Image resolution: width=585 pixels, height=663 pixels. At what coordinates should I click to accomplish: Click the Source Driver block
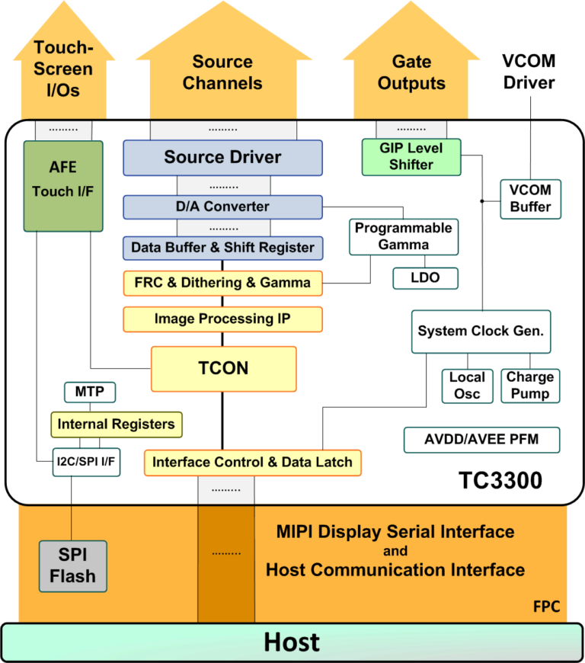[222, 158]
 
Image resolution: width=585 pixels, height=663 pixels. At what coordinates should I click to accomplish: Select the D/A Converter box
[222, 207]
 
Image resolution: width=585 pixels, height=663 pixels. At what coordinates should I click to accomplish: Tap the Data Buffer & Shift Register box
[222, 247]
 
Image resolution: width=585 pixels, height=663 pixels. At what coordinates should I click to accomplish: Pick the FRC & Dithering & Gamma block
[222, 283]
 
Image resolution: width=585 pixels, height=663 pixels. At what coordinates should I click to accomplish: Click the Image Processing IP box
[222, 319]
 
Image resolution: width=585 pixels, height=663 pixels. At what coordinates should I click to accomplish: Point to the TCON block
[223, 368]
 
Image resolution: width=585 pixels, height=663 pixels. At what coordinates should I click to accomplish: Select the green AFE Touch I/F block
[62, 185]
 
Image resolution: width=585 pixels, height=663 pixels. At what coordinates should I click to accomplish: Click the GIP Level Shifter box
[411, 155]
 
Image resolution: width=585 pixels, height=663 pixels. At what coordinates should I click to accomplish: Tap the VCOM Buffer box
[530, 198]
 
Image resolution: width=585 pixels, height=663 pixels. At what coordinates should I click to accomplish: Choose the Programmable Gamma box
[404, 236]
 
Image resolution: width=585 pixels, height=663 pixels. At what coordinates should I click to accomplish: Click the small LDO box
[425, 278]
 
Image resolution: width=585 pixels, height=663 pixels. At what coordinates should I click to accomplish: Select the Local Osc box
[467, 386]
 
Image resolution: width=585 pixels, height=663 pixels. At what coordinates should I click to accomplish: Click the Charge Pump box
[530, 386]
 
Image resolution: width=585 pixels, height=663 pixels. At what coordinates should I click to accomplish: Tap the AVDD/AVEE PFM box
[481, 440]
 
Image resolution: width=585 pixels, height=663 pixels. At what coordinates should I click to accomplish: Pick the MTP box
[90, 392]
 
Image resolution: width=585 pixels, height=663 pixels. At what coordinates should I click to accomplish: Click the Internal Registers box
[117, 424]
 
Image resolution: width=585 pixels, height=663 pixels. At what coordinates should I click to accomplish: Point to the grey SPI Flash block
[73, 565]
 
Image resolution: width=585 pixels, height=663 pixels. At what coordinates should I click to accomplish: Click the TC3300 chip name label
[500, 481]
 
